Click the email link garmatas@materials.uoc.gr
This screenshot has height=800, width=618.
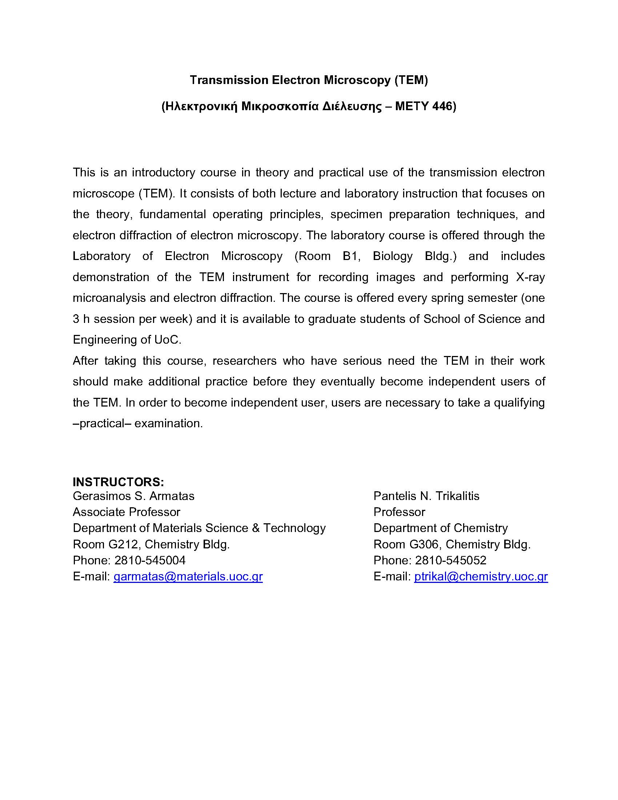188,577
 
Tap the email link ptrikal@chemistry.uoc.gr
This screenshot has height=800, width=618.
481,577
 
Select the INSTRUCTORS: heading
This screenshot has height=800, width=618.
118,481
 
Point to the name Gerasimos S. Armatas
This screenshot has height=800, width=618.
134,496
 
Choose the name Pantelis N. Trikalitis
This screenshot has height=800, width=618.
426,496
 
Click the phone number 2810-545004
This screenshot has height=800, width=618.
150,560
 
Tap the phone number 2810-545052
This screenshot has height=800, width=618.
450,560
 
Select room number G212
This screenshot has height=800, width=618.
123,544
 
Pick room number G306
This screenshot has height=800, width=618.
424,544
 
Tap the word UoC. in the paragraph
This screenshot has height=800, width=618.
168,340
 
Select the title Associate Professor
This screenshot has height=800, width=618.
126,512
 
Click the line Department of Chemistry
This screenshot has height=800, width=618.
441,528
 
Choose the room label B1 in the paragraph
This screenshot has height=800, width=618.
350,256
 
